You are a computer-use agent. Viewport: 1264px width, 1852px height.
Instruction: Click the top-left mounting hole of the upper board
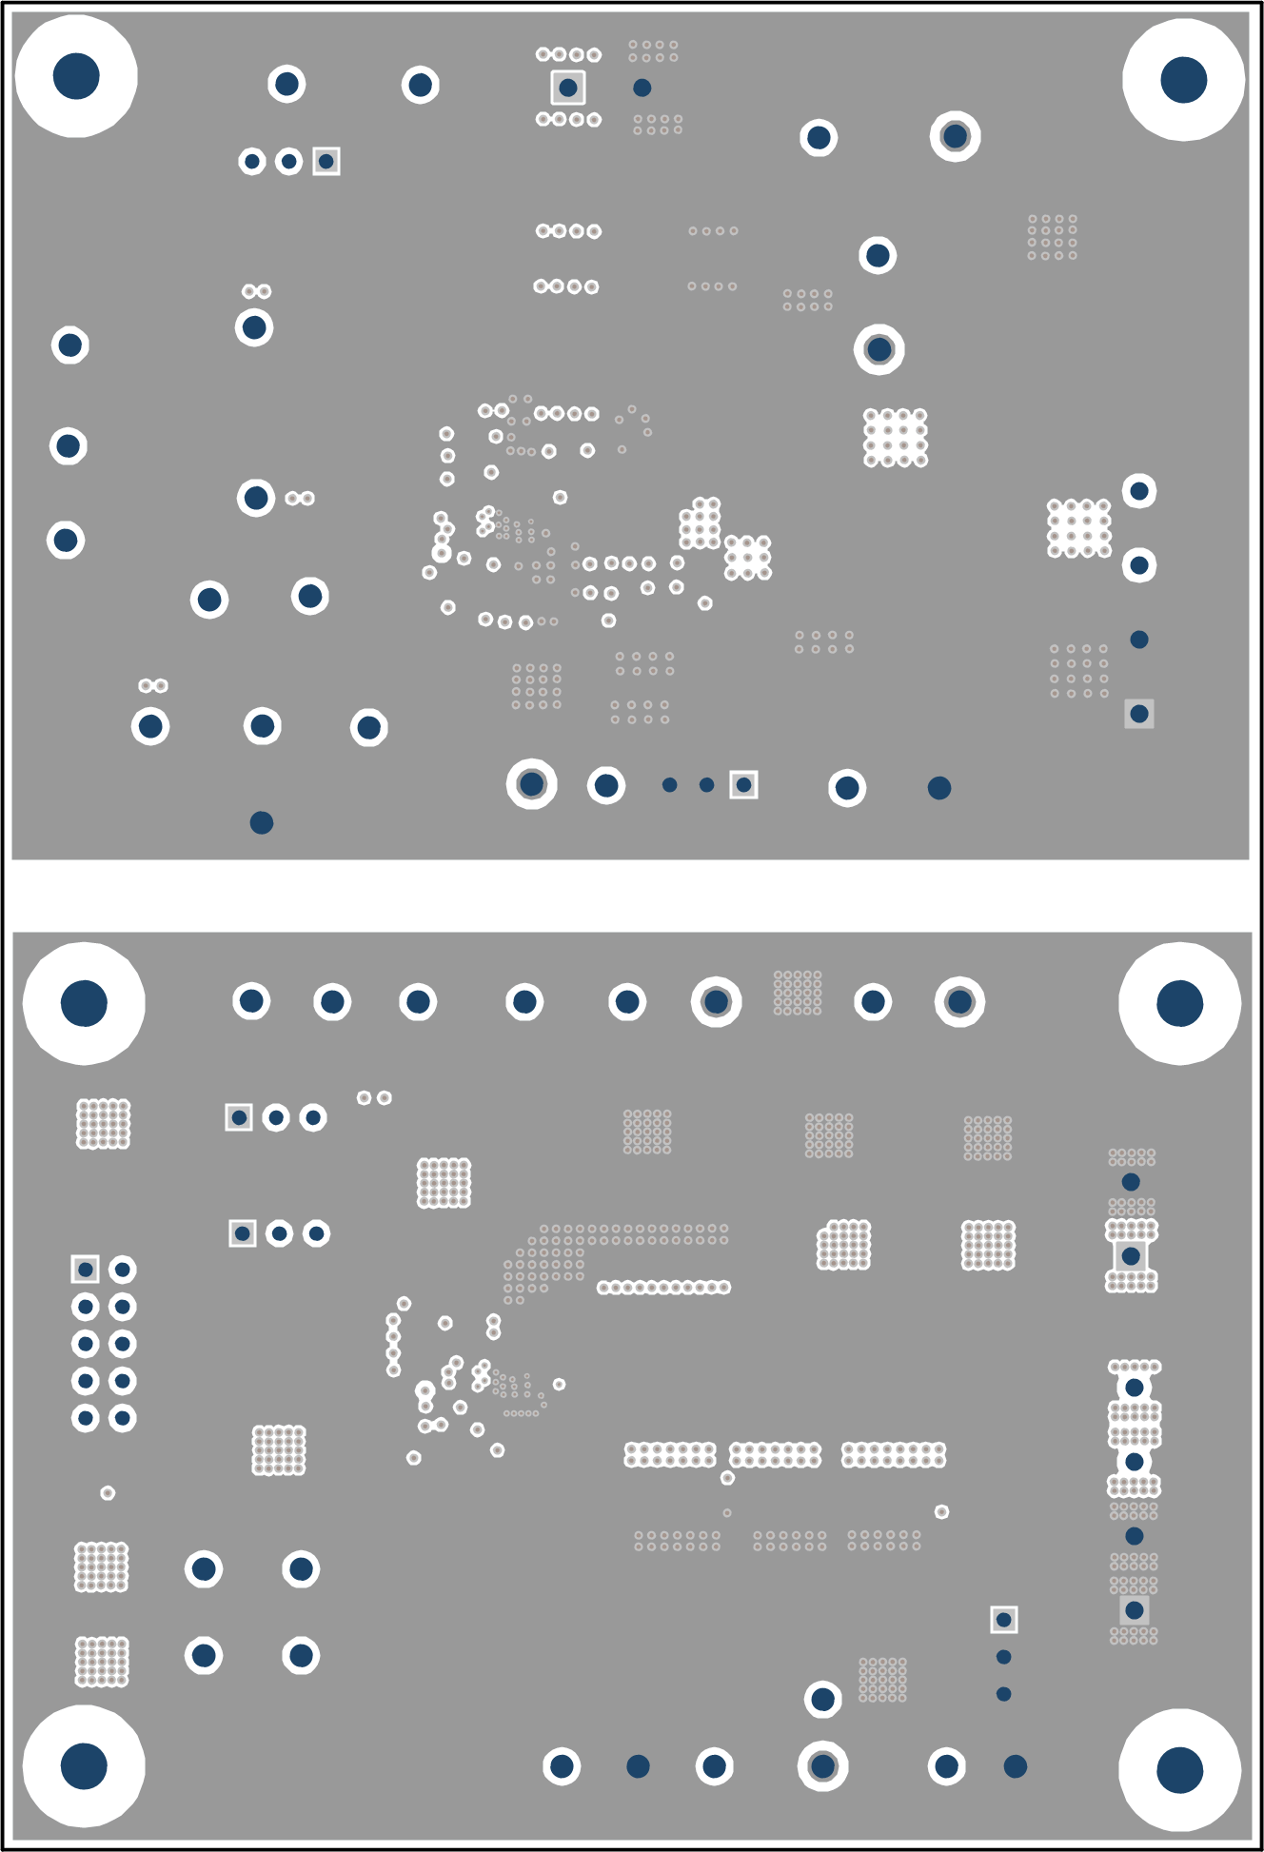[76, 76]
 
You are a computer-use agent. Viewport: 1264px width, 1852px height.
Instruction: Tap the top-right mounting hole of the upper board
[1183, 79]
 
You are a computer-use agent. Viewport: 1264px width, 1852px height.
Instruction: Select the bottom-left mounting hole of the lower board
[84, 1765]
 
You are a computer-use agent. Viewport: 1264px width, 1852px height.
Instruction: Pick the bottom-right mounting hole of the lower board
[1179, 1769]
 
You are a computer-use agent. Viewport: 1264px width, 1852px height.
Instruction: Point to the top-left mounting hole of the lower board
[84, 1003]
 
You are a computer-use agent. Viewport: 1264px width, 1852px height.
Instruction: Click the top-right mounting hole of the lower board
[1179, 1003]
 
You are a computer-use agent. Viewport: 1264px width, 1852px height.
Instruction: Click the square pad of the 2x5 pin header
[86, 1269]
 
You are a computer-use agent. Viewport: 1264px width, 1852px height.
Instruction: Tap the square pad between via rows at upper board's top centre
[568, 88]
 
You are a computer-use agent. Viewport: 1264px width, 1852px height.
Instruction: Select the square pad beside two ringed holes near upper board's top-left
[326, 161]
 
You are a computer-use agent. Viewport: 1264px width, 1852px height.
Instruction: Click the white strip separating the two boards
[632, 896]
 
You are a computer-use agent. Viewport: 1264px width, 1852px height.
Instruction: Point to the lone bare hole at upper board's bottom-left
[262, 822]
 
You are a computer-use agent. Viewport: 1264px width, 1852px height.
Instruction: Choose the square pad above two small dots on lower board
[1003, 1619]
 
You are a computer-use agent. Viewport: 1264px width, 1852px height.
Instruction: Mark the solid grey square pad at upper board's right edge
[1139, 713]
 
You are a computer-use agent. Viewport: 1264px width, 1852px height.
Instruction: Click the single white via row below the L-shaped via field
[663, 1288]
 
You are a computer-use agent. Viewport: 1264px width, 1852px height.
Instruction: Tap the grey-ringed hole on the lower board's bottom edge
[822, 1765]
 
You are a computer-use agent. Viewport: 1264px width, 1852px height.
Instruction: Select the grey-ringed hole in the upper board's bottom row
[532, 784]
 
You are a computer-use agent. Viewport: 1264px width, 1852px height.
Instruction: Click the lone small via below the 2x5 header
[108, 1492]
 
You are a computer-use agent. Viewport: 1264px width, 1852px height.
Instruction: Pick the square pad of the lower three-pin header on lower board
[243, 1233]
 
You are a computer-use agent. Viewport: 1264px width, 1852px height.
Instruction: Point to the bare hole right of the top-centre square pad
[642, 88]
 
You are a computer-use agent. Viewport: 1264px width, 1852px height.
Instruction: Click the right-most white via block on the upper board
[1079, 528]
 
